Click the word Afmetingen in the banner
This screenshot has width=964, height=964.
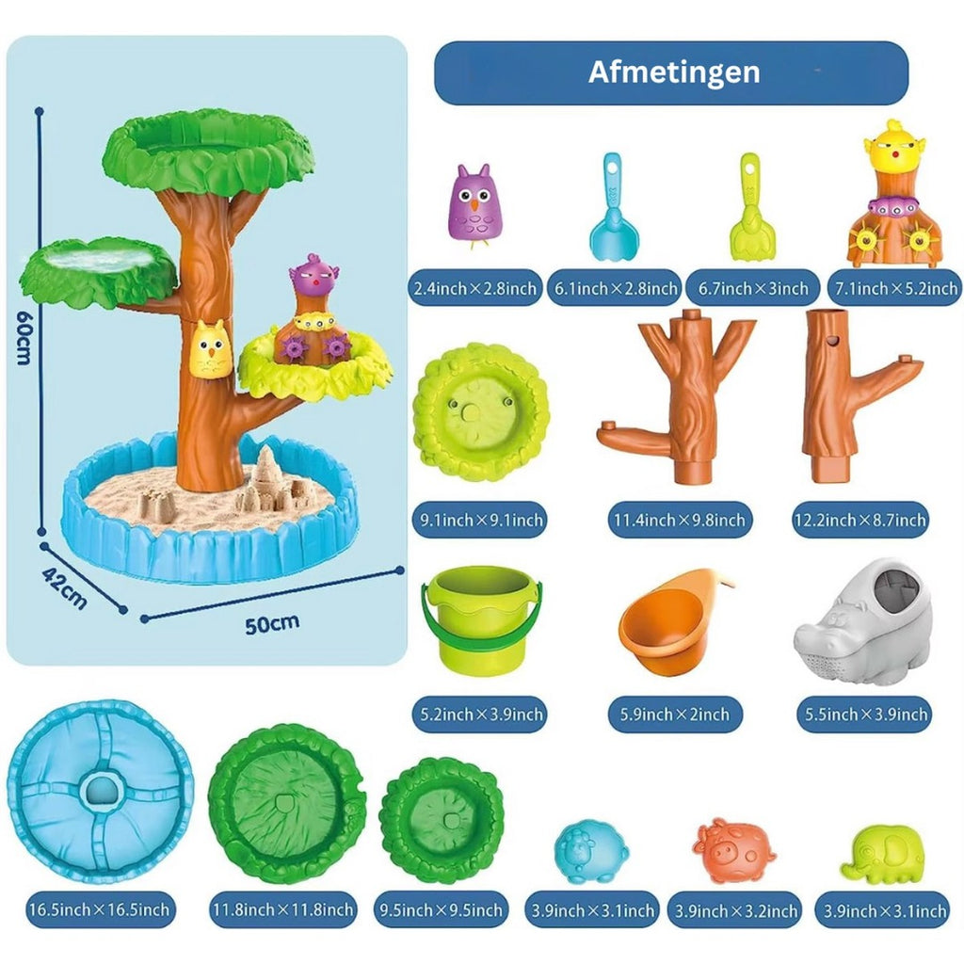(x=674, y=72)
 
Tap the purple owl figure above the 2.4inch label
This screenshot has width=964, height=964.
(x=474, y=205)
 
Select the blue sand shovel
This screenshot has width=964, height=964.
(x=614, y=206)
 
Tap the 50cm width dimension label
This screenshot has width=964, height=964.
(x=272, y=624)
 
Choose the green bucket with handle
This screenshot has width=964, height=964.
(x=481, y=619)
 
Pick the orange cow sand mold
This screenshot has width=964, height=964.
(x=733, y=850)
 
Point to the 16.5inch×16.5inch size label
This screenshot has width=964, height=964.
(x=100, y=909)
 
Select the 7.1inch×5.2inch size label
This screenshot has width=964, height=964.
(x=896, y=288)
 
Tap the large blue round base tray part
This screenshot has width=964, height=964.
(x=100, y=791)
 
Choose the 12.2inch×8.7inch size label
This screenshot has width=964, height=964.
(x=860, y=520)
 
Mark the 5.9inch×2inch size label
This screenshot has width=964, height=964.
(x=674, y=715)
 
